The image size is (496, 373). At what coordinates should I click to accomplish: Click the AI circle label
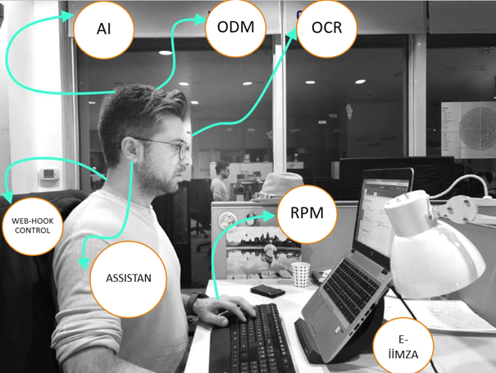point(103,30)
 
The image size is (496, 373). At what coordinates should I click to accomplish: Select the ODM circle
point(235,28)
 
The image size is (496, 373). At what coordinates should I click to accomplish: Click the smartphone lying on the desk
point(267,291)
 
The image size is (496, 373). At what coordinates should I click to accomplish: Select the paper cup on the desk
point(300,274)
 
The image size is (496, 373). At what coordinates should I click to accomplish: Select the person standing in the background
point(220,182)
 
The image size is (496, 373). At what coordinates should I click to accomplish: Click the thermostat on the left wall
point(50,175)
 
